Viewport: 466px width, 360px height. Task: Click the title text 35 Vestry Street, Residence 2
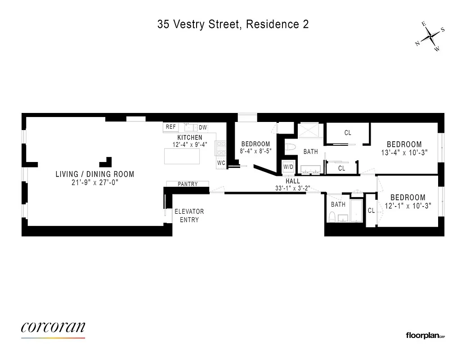tap(233, 25)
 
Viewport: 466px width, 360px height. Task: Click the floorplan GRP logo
tap(425, 335)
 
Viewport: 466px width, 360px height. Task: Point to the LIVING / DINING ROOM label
tap(95, 174)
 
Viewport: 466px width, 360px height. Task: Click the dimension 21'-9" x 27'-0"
tap(95, 183)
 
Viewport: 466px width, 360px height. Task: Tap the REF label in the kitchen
tap(171, 127)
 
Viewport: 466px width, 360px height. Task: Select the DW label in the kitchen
tap(203, 128)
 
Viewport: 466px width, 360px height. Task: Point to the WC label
tap(221, 163)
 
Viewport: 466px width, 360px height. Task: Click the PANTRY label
tap(188, 184)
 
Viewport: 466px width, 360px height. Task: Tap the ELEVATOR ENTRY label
tap(189, 216)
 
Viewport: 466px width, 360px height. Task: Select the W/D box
tap(288, 167)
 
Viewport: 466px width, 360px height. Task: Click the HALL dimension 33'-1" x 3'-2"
tap(292, 188)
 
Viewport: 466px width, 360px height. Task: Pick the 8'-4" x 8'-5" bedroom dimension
tap(255, 151)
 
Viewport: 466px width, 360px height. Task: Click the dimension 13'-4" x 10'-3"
tap(404, 153)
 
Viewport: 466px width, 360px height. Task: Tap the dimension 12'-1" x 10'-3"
tap(408, 206)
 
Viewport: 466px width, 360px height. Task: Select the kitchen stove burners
tap(221, 148)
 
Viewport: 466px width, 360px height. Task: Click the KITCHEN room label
tap(189, 138)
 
